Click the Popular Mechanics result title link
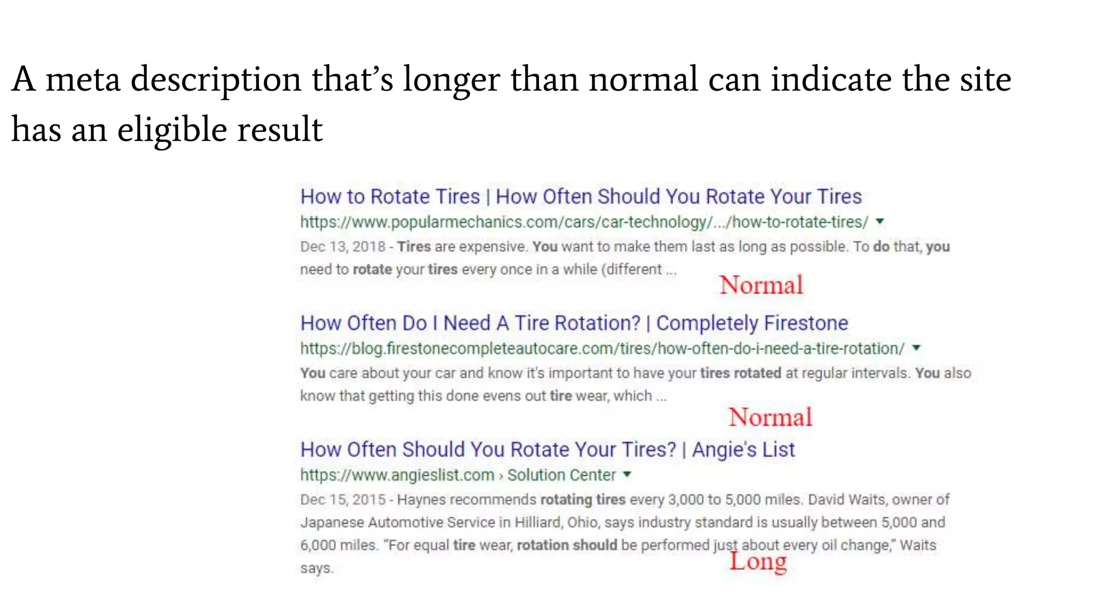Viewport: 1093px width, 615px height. pos(581,197)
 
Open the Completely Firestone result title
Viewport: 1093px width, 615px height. pos(574,324)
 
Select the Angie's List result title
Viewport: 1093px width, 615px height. pos(547,450)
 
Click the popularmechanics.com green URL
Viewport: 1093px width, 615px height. pos(584,222)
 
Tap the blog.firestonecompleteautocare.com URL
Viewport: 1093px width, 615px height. pos(602,349)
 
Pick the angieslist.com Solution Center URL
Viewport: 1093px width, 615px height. pos(458,475)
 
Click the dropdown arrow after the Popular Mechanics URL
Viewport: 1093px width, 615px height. pos(880,222)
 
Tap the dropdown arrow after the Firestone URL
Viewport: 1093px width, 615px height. pos(916,348)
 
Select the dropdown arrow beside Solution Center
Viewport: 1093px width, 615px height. pos(627,474)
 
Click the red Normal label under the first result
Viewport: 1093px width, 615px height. pos(761,285)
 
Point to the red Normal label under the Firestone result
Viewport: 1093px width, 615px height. pos(770,417)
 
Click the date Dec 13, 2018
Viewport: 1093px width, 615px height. pos(342,247)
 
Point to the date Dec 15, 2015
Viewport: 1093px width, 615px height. pos(342,500)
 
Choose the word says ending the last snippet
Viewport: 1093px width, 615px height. pos(316,569)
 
